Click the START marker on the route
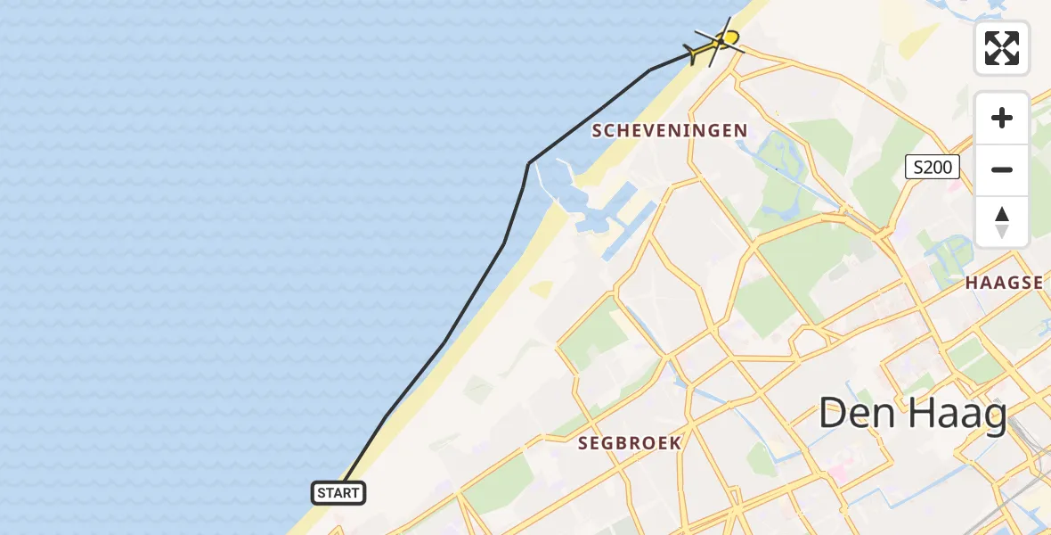[338, 492]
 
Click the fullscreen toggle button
[1002, 48]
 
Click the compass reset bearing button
[1002, 222]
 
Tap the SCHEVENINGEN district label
[670, 131]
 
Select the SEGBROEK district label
[630, 442]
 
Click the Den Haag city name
[912, 414]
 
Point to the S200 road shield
[932, 167]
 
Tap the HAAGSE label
[1005, 283]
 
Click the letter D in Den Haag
[834, 414]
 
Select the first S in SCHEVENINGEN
[598, 131]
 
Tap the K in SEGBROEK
[675, 442]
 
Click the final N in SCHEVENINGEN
[741, 131]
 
